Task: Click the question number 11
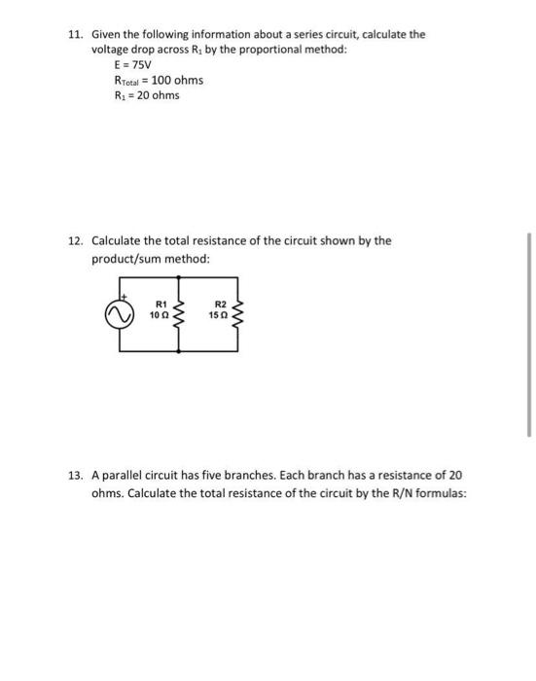[x=75, y=34]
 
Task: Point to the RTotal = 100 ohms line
[x=158, y=80]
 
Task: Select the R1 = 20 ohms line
[x=147, y=95]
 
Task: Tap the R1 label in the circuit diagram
[x=162, y=306]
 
